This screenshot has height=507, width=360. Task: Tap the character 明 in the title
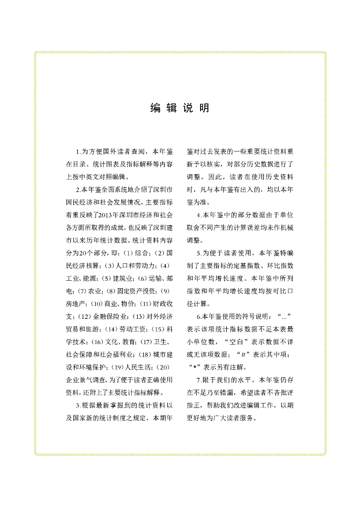tap(204, 108)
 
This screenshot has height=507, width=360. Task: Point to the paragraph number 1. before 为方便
tap(78, 151)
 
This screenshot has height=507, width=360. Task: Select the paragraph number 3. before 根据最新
tap(78, 405)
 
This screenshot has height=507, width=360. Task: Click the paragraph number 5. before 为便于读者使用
tap(199, 253)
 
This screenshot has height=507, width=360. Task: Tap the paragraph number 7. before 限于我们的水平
tap(199, 380)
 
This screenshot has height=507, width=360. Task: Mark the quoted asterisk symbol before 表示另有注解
tap(195, 367)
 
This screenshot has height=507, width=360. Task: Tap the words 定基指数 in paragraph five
tap(254, 265)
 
